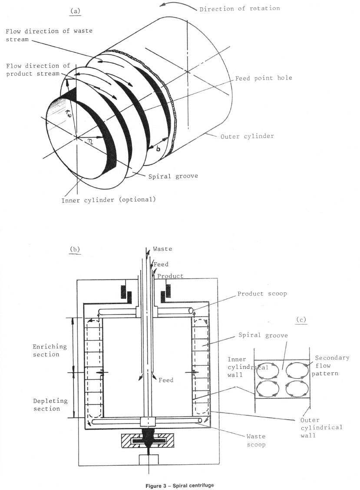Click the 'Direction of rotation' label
[x=240, y=8]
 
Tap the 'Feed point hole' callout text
[x=264, y=78]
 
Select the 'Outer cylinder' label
[x=247, y=136]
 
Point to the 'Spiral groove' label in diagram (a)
[x=173, y=176]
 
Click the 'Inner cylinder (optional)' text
[x=109, y=200]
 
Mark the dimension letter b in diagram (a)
[x=158, y=149]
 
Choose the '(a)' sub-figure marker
[x=75, y=11]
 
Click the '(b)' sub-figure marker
[x=75, y=249]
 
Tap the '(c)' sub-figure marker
[x=301, y=320]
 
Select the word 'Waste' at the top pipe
[x=162, y=249]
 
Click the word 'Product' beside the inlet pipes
[x=170, y=276]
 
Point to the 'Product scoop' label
[x=262, y=294]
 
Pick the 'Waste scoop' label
[x=256, y=440]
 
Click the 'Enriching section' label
[x=50, y=350]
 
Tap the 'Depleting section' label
[x=50, y=405]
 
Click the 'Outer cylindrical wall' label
[x=321, y=427]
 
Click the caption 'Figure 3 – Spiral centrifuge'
[x=180, y=485]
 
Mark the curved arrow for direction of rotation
[x=178, y=5]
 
